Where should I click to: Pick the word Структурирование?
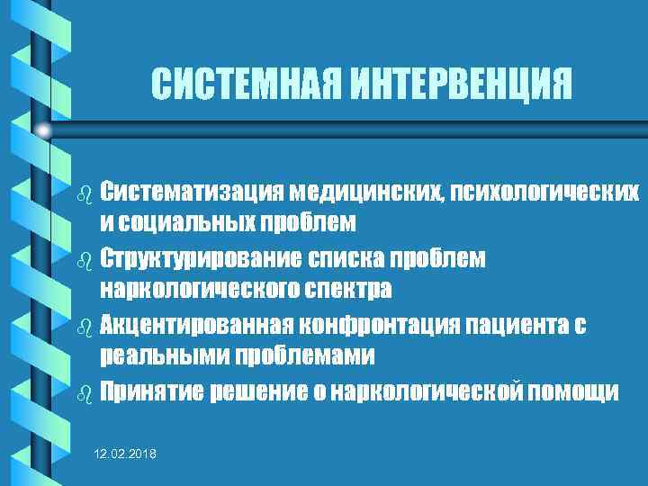click(203, 258)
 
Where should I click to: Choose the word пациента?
click(512, 325)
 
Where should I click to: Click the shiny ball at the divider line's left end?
click(42, 130)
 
